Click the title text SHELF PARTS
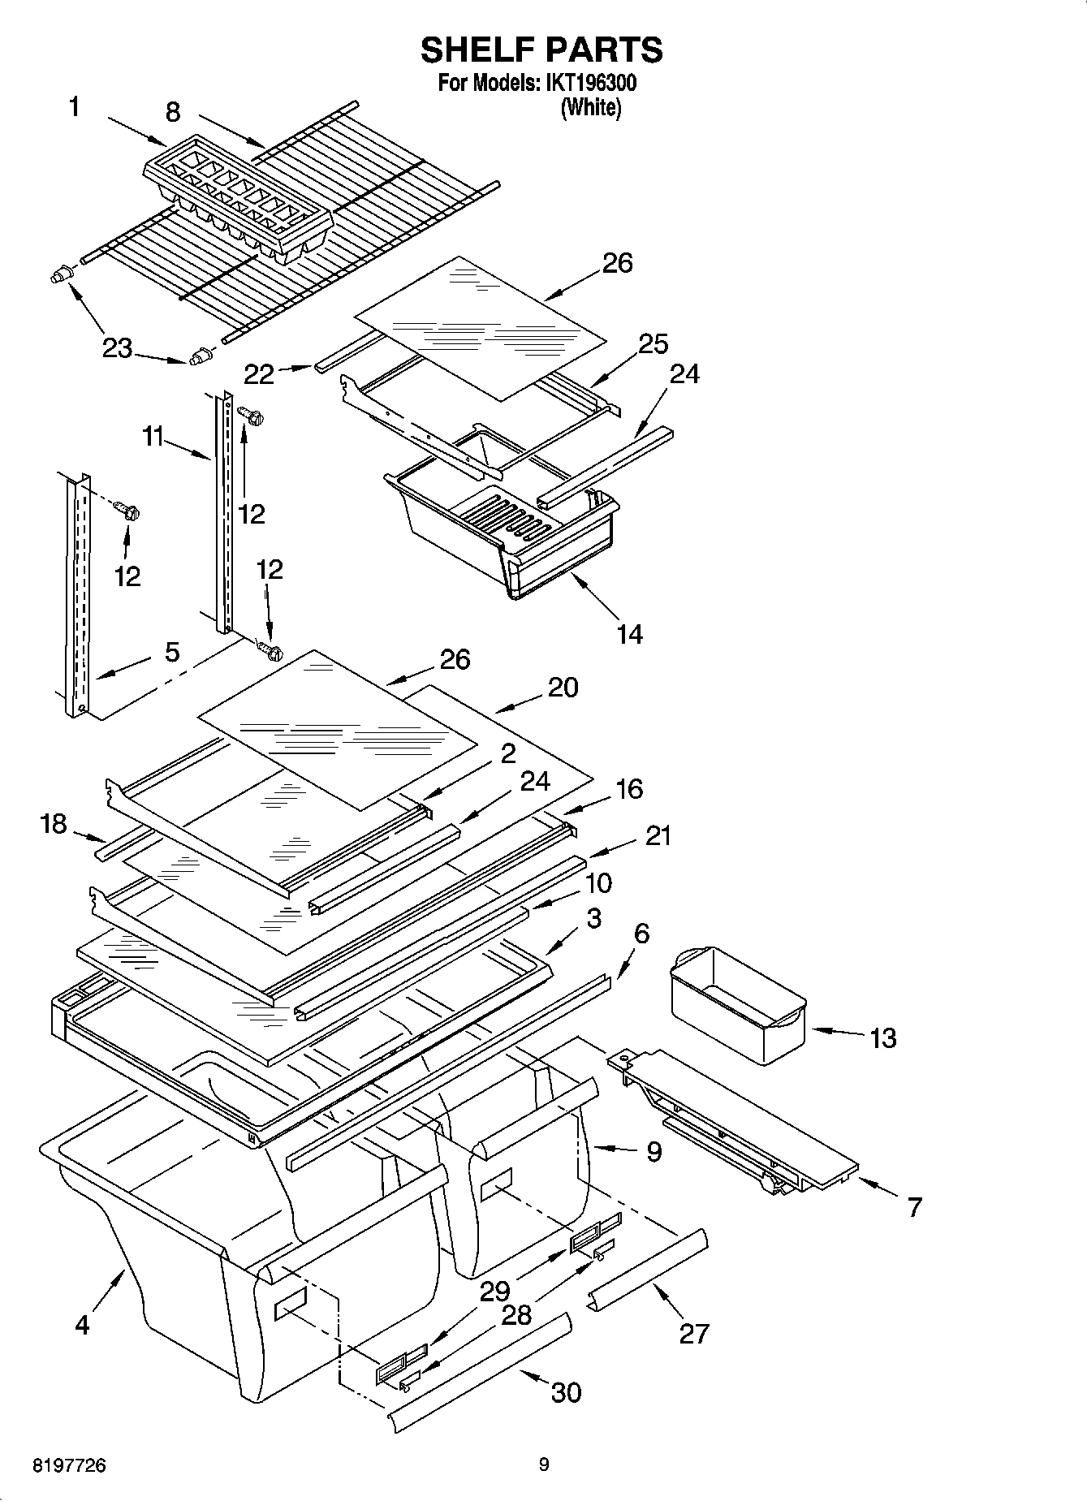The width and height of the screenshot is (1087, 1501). pos(541,50)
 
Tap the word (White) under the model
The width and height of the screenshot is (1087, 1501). pos(591,107)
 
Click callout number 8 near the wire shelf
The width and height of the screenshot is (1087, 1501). pos(173,112)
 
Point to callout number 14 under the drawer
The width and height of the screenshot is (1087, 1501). pos(629,634)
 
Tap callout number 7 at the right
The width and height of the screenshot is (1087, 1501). pos(915,1207)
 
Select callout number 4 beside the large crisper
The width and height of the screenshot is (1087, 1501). pos(82,1325)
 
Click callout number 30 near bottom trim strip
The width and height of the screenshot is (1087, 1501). pos(566,1392)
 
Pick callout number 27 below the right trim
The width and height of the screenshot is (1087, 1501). pos(694,1333)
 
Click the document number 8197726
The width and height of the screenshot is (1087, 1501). pos(69,1466)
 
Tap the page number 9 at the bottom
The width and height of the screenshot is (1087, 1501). pos(544,1464)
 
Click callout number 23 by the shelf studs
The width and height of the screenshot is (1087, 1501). pos(117,348)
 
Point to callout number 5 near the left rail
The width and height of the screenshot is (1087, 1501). pos(172,652)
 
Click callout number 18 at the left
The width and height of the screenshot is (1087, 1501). pos(53,825)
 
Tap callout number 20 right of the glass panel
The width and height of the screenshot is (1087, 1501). pos(563,688)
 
